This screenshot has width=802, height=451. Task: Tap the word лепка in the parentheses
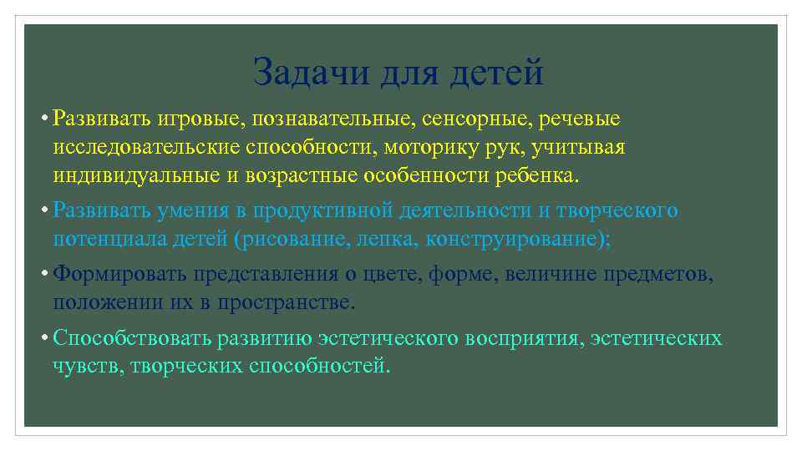tap(387, 239)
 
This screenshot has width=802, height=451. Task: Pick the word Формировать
tap(118, 274)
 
